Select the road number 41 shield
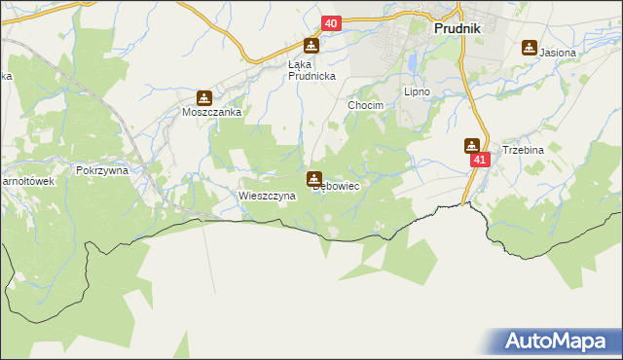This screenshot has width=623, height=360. coord(477,159)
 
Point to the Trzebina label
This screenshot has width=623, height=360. coord(522,151)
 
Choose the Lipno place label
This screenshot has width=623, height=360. coord(417,92)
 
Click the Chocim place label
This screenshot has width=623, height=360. coord(367,105)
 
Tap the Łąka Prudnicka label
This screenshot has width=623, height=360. coord(311,71)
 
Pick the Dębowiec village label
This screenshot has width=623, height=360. coord(337,186)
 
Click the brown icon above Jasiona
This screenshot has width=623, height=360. coord(530,46)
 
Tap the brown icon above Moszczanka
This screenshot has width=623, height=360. coord(204,97)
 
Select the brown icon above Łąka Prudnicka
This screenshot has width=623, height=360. coord(311,46)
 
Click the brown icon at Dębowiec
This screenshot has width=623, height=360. coord(314,178)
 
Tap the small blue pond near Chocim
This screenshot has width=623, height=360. coord(413,60)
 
